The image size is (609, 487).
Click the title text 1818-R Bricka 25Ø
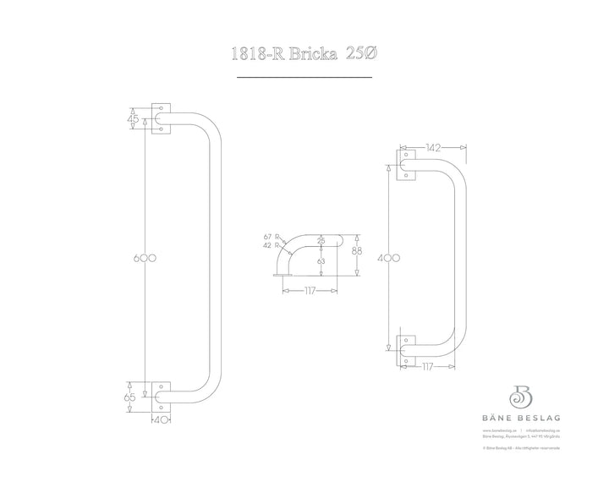[304, 54]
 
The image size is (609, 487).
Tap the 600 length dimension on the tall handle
[145, 257]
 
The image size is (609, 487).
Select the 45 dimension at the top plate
[133, 120]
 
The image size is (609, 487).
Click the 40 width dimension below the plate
[161, 419]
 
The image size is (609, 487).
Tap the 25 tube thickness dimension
[321, 241]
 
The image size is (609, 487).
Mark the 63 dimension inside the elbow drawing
[321, 262]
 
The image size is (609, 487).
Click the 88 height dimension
[357, 251]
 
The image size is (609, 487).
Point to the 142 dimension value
[432, 147]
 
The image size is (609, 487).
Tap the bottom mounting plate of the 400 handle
[408, 352]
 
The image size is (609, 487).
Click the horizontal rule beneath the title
[304, 77]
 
